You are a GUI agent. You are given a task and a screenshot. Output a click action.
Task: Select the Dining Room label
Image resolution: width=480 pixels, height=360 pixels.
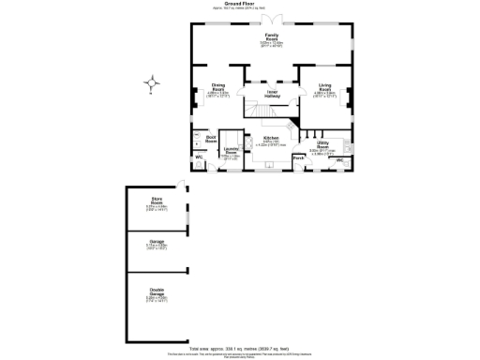[217, 87]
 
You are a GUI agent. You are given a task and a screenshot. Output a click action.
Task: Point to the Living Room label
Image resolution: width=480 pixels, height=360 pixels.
[325, 87]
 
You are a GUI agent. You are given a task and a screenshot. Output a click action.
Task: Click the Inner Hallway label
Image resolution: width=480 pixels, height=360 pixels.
[272, 94]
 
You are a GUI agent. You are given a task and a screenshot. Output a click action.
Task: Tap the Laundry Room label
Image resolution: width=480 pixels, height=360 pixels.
[230, 151]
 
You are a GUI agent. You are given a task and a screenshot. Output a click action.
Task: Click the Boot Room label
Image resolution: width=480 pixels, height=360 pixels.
[211, 139]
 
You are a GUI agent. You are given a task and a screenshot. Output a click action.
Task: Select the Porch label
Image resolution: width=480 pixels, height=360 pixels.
[298, 158]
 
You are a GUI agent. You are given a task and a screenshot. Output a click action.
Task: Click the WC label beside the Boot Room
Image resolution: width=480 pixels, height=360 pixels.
[199, 157]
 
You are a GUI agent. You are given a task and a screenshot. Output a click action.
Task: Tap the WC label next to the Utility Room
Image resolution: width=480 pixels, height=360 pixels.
[339, 161]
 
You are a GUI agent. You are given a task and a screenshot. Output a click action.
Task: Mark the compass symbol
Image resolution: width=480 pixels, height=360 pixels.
[153, 85]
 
